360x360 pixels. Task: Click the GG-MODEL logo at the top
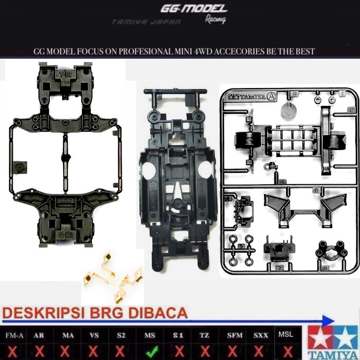coord(193,9)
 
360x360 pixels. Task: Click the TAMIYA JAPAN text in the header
coord(146,23)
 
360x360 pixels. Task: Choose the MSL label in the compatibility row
coord(286,334)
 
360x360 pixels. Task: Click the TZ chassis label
coord(205,335)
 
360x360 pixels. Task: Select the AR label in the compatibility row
coord(39,335)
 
